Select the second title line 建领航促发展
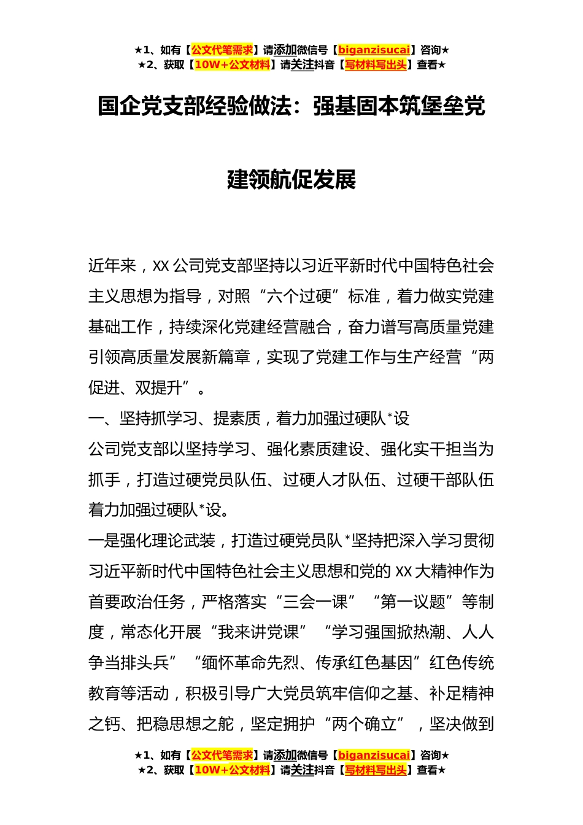tap(291, 180)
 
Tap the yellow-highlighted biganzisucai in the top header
tap(374, 50)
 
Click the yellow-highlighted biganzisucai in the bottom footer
tap(374, 756)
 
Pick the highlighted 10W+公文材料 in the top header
tap(232, 65)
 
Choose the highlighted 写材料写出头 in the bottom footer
tap(376, 770)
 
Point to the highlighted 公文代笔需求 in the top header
tap(222, 50)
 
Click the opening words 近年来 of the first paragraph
tap(112, 266)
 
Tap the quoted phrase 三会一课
tap(315, 602)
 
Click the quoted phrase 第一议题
tap(413, 602)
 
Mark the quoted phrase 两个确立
tap(365, 724)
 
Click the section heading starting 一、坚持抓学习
tap(249, 419)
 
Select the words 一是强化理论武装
tap(152, 541)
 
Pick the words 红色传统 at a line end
tap(461, 663)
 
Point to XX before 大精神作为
tap(403, 571)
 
